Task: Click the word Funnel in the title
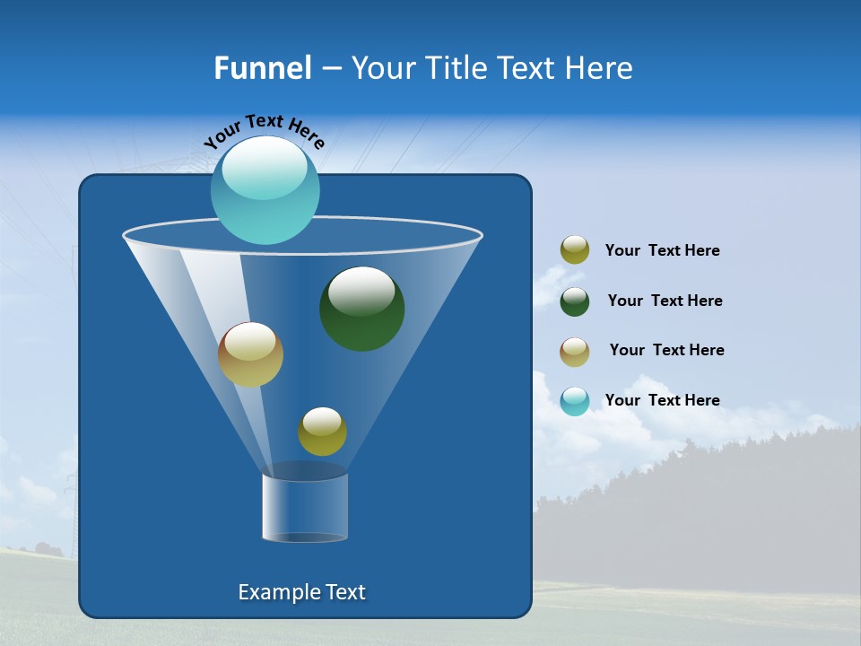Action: point(263,68)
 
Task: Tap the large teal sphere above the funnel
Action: point(265,190)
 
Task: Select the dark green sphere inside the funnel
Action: point(362,310)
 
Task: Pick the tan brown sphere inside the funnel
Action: point(250,355)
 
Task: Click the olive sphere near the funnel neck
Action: point(322,432)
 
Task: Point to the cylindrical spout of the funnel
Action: point(305,508)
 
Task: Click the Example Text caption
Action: point(301,592)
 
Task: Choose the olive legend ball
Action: point(575,250)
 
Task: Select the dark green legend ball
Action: point(575,301)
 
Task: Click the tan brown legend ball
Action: point(575,352)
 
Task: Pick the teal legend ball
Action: point(575,401)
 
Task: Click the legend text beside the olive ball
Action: point(662,251)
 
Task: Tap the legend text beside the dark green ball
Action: point(665,301)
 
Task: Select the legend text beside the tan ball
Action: point(666,351)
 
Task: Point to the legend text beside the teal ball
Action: point(662,401)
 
